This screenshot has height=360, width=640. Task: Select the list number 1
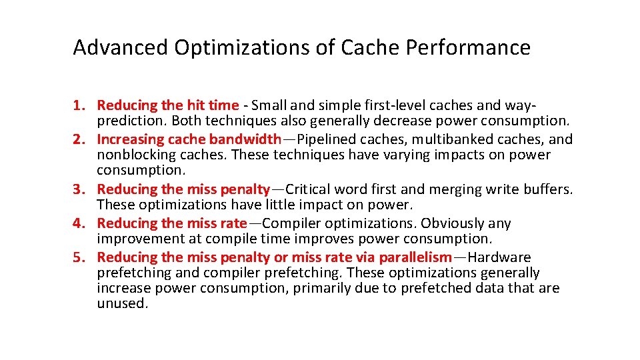80,105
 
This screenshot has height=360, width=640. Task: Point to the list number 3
80,189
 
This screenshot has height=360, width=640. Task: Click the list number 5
80,257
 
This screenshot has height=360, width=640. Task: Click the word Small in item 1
270,105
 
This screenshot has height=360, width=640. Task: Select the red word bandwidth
245,139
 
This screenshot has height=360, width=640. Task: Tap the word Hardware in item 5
499,257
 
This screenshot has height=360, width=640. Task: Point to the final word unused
121,303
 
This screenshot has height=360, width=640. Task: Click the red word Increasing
131,139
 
